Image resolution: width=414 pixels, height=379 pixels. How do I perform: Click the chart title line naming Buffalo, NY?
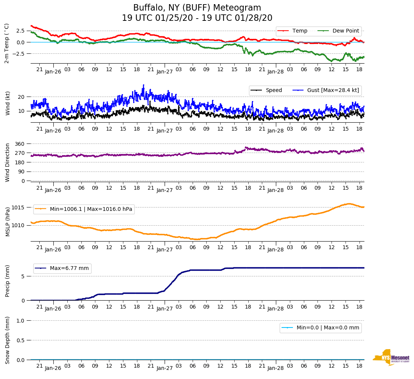point(197,8)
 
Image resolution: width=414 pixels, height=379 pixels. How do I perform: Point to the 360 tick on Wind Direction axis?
point(20,144)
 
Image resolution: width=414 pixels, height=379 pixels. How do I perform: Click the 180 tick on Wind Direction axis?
point(20,162)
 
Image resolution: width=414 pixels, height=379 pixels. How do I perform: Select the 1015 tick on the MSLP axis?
point(19,207)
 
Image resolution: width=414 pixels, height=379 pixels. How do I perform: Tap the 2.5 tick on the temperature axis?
point(20,31)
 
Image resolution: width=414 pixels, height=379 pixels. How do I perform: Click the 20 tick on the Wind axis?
point(22,97)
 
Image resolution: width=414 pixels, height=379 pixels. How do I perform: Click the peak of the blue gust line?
point(143,85)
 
